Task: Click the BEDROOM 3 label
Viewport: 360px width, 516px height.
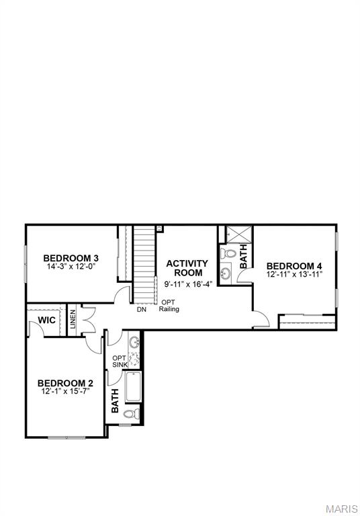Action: [x=71, y=258]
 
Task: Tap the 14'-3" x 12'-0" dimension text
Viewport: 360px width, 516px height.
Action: [x=71, y=267]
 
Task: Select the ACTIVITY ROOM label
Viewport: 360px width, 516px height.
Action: [x=187, y=268]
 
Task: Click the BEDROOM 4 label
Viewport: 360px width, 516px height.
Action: [x=294, y=265]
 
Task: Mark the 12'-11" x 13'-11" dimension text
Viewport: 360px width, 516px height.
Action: [x=294, y=274]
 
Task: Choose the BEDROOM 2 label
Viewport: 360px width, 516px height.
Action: [x=65, y=383]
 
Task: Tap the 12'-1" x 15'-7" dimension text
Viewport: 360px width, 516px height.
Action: [x=65, y=392]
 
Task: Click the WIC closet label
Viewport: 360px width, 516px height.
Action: [x=46, y=320]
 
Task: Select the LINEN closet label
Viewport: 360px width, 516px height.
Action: [x=73, y=320]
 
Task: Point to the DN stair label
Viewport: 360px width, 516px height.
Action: [x=141, y=310]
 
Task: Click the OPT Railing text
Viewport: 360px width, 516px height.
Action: [x=169, y=306]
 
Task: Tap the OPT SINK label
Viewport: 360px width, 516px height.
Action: [x=119, y=361]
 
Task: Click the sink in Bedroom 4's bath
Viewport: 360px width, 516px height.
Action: [x=226, y=273]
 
